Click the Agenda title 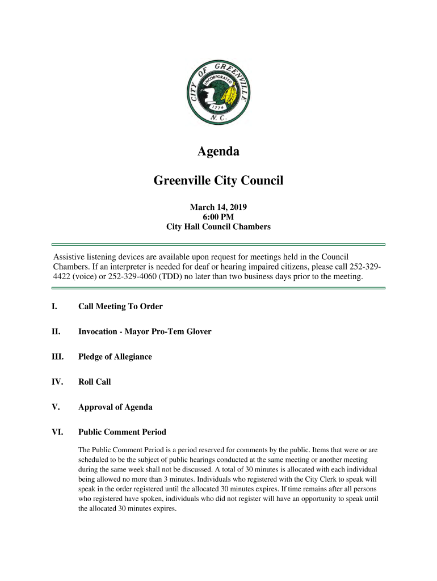[x=218, y=152]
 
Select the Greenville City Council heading [x=218, y=181]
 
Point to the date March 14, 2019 [x=218, y=207]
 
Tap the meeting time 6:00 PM [x=218, y=217]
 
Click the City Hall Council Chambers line [x=218, y=227]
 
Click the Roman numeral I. [x=54, y=307]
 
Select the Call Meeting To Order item [x=120, y=307]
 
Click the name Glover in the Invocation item [x=198, y=332]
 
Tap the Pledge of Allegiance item [x=115, y=357]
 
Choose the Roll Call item [x=94, y=382]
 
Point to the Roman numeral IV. [x=56, y=382]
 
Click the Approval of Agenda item [x=115, y=407]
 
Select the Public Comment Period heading [x=122, y=432]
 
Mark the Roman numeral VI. [x=57, y=432]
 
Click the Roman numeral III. [x=57, y=357]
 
